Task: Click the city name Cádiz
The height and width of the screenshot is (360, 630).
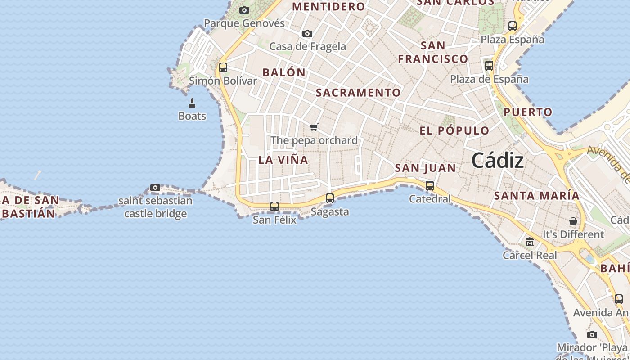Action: [498, 161]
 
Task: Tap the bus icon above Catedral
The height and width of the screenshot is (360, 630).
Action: [430, 185]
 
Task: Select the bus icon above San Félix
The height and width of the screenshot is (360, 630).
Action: [274, 207]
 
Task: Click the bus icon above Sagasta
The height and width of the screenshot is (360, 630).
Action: [330, 198]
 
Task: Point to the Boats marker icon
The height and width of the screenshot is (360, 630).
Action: [192, 103]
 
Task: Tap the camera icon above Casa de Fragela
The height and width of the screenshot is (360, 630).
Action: [307, 33]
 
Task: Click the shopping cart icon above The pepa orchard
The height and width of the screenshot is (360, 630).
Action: [314, 127]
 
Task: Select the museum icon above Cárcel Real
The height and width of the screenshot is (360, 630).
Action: [530, 242]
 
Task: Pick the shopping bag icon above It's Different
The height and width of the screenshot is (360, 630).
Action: [573, 221]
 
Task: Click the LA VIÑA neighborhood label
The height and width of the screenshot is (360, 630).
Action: [283, 160]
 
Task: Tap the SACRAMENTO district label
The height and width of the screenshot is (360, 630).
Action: [358, 93]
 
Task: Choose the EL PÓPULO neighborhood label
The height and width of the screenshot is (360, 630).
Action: [454, 131]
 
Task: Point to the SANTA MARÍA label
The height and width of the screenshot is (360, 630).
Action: [537, 196]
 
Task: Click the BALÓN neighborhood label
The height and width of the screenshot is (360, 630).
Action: [284, 72]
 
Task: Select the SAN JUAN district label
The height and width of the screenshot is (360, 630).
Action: [425, 168]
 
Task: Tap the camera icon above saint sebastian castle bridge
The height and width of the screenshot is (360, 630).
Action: [155, 187]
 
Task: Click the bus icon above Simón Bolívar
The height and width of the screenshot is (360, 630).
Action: [223, 67]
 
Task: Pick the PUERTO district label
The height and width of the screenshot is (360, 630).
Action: [528, 112]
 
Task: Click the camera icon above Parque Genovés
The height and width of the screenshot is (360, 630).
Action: [244, 10]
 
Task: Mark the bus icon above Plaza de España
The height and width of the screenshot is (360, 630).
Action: [489, 65]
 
